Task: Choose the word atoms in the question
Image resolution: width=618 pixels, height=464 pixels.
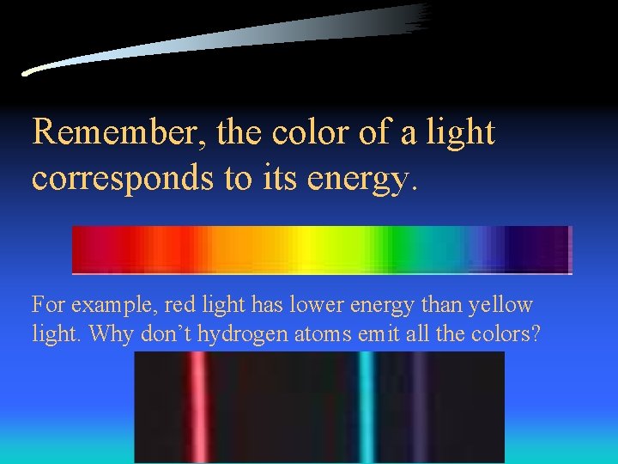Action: [x=320, y=334]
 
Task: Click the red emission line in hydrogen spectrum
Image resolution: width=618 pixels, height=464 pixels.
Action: [x=199, y=408]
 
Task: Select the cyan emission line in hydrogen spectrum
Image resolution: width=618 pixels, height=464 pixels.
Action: [x=367, y=408]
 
